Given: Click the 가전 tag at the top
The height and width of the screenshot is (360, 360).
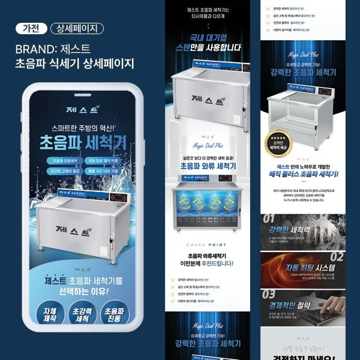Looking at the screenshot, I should pos(31,28).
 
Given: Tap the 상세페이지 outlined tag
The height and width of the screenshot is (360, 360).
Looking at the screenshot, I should pos(77,28).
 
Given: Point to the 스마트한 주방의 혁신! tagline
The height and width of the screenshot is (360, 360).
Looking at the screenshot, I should pos(82,128).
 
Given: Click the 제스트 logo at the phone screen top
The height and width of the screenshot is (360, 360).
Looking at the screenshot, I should pos(82,110).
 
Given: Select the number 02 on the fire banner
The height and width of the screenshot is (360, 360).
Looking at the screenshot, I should pos(336,257).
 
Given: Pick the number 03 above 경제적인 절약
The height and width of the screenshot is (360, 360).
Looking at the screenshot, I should pos(268,293).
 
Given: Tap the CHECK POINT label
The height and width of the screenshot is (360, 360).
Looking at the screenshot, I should pos(206,245).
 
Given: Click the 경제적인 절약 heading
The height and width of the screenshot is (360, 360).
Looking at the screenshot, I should pos(295,304).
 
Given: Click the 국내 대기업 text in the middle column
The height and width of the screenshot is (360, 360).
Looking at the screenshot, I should pos(206,37).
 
